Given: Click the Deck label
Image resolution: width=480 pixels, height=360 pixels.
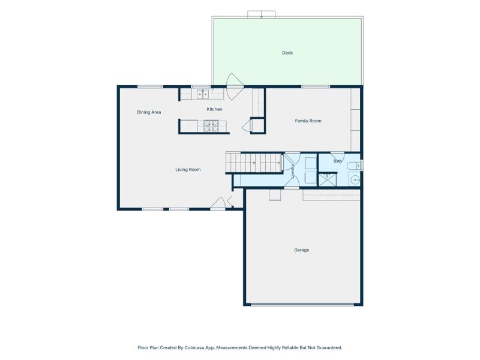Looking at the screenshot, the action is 287,53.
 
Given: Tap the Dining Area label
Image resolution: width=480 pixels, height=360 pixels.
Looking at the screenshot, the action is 149,112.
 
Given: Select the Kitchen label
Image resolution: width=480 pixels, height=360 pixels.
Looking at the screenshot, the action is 214,109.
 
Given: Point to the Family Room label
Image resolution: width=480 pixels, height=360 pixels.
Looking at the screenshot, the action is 308,121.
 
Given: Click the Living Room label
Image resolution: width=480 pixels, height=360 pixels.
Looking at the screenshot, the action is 188,170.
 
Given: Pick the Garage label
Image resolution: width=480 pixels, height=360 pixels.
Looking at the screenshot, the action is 302,250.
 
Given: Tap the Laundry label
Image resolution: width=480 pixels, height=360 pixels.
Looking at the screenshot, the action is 293,172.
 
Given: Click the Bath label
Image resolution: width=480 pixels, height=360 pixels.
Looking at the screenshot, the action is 338,161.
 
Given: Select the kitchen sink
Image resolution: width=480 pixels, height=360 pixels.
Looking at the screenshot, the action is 203,94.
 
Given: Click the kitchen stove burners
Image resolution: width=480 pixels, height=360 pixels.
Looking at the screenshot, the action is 211,127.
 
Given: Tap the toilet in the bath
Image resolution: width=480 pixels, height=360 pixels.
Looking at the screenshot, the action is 354,166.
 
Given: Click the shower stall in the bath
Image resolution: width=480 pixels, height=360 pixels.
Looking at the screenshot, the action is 328,179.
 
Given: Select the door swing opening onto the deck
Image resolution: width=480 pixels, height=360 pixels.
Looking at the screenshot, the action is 235,86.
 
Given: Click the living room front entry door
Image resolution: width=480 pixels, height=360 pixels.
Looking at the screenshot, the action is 218,203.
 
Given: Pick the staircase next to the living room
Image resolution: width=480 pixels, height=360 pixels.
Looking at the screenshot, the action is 254,163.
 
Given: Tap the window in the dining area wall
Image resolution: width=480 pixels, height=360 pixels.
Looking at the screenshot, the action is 150,87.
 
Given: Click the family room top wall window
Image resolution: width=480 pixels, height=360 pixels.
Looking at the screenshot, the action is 316,87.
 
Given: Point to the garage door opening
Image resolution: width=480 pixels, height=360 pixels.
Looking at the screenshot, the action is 302,305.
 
